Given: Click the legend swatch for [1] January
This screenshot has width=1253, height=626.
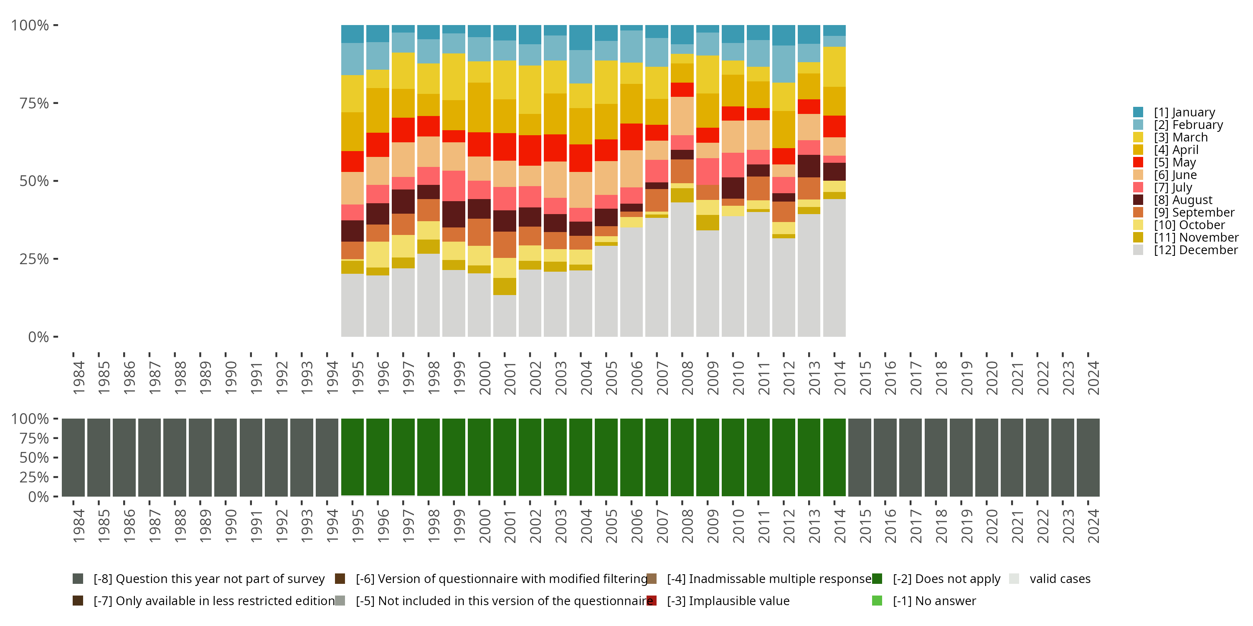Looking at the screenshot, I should (1138, 112).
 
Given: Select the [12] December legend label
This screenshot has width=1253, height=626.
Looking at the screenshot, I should (1196, 250).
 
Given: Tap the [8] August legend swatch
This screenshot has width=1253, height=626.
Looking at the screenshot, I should (1138, 200).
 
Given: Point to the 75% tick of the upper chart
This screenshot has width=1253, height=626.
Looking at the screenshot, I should (56, 103).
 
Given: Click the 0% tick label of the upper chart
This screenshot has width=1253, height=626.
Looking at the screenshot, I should (38, 337).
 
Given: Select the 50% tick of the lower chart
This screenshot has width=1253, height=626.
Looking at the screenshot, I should (56, 457).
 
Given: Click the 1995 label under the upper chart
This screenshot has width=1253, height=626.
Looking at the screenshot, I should (358, 378).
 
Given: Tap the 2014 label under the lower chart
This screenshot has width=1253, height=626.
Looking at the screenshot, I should (840, 526).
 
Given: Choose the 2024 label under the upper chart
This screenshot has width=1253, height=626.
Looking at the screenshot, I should (1093, 378).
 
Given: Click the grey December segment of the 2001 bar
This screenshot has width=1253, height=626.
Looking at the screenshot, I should (505, 316).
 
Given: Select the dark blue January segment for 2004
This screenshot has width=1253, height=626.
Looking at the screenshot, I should (581, 38).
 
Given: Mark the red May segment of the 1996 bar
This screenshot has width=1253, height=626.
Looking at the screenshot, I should (378, 145).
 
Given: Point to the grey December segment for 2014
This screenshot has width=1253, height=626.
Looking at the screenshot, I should (834, 268).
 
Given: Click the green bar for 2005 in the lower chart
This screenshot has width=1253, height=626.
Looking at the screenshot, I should (606, 457).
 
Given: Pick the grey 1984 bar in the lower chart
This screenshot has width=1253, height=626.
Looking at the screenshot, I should (74, 457).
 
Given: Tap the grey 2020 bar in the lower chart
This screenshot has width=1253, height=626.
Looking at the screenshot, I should (987, 457).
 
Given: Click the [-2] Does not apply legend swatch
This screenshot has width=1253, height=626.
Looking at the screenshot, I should (877, 578).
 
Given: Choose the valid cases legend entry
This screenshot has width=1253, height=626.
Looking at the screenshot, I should (1059, 579).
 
